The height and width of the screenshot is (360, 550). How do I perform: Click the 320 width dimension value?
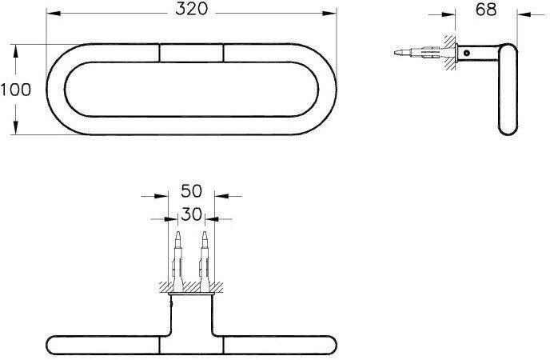192,9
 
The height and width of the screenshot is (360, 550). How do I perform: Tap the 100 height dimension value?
15,90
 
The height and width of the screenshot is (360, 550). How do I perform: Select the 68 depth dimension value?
486,10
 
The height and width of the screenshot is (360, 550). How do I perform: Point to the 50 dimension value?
192,191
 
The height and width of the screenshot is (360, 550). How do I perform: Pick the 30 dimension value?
192,214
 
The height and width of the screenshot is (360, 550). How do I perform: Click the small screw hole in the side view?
467,54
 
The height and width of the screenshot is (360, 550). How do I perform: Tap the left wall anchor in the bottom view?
177,261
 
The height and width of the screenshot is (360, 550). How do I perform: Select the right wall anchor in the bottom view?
205,261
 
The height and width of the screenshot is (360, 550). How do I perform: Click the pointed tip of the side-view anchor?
394,53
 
